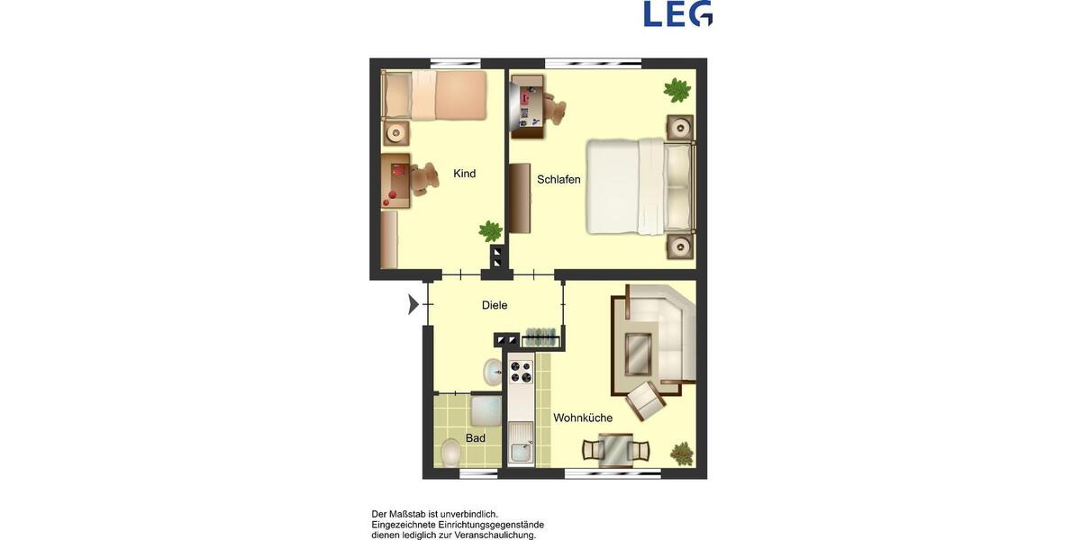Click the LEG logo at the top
[x=677, y=13]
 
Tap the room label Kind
[x=465, y=174]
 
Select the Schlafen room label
[x=559, y=179]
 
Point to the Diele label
[x=495, y=305]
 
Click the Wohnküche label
[x=583, y=418]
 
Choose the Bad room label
[x=476, y=438]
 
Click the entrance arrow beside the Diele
[x=413, y=305]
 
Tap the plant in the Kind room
[x=490, y=231]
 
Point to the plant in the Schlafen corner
[x=677, y=90]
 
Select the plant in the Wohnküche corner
[x=683, y=453]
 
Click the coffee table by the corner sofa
[x=638, y=352]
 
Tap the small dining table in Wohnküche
[x=615, y=447]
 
